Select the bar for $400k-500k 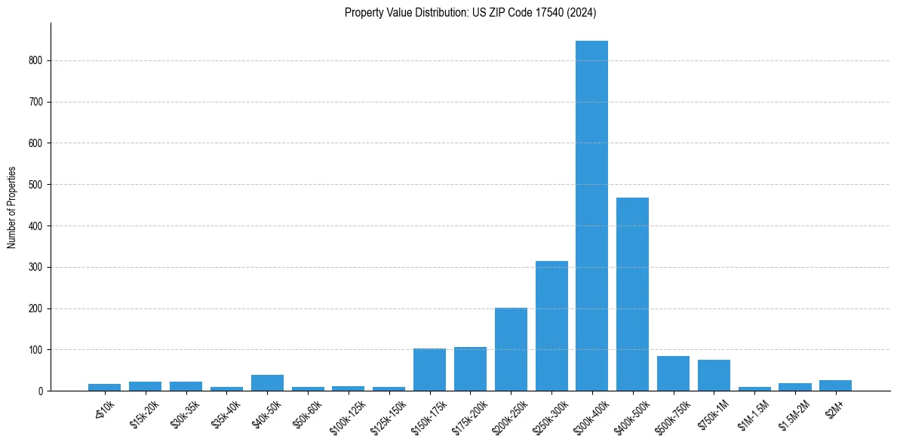[632, 294]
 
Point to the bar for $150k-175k [429, 370]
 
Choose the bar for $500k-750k [673, 373]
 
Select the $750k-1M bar [714, 375]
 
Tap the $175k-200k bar [470, 369]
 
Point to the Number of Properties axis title [12, 207]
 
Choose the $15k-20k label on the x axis [145, 413]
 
